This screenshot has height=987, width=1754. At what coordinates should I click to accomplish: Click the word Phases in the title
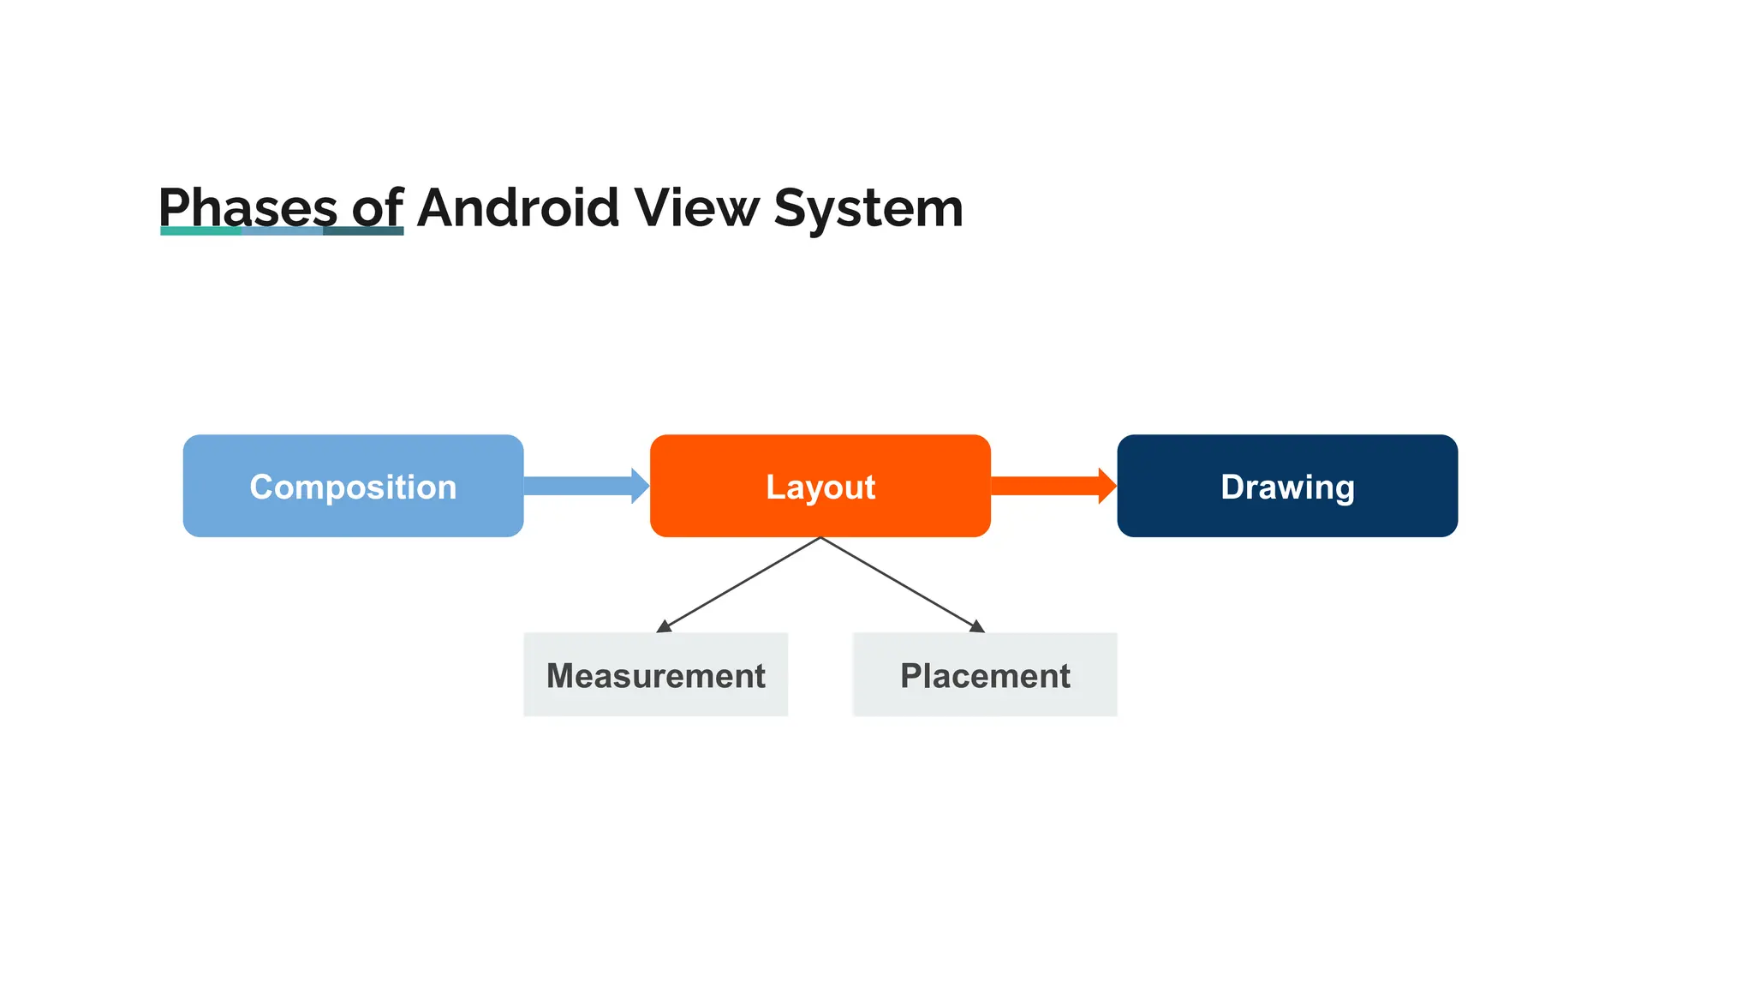click(248, 207)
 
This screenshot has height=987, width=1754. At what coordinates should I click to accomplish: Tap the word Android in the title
click(518, 207)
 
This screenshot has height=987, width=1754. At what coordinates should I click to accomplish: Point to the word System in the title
click(868, 209)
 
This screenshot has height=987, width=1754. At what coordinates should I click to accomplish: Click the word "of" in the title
click(377, 207)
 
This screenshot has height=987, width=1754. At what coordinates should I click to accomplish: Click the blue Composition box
click(353, 486)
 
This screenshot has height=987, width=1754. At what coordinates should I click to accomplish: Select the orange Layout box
click(820, 486)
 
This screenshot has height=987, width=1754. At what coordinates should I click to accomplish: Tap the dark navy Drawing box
click(1286, 486)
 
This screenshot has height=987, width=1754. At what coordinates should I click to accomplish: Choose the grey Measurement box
click(655, 675)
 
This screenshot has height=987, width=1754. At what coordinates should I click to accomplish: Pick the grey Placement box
click(985, 675)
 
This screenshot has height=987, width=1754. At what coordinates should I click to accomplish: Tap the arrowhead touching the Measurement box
click(663, 627)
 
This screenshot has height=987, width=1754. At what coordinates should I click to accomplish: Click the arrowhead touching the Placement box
click(977, 627)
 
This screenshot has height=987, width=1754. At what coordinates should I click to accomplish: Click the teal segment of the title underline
click(200, 230)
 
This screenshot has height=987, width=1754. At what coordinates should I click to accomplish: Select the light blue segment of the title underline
click(282, 230)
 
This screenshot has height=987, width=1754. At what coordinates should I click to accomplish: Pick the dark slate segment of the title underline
click(363, 230)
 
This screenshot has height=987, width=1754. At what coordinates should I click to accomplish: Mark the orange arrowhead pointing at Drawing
click(1107, 486)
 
